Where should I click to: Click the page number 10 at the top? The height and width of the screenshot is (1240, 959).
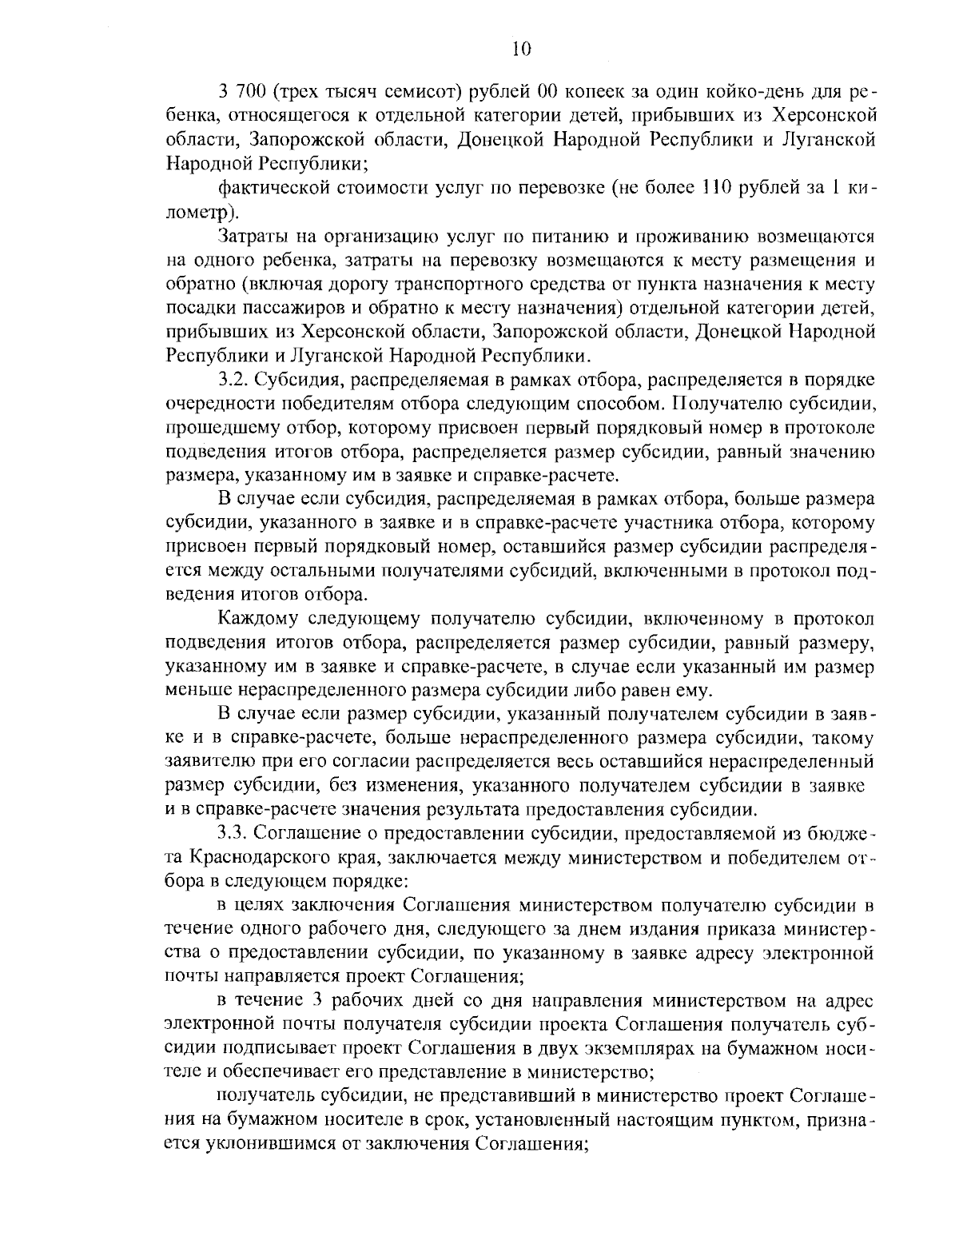519,50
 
